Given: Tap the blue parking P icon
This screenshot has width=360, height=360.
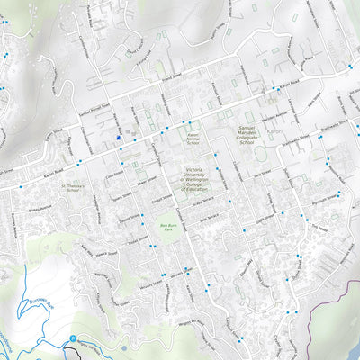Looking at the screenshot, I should pos(72,338).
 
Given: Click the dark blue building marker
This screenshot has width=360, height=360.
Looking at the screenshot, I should pos(118,138).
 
